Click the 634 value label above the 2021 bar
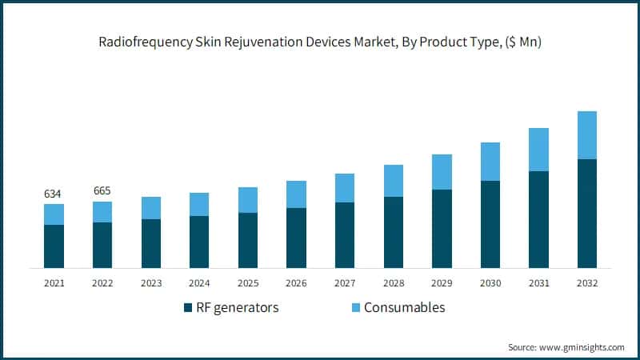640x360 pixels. (54, 194)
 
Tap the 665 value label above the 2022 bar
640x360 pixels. (102, 190)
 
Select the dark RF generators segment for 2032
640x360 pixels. (586, 213)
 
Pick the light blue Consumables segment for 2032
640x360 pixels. (586, 135)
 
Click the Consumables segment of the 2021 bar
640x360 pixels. (54, 214)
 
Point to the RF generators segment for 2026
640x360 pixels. (296, 238)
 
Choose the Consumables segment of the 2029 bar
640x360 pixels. (442, 172)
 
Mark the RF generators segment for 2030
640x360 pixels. (490, 224)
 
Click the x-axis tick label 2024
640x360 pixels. (199, 283)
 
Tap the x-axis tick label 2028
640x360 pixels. (393, 283)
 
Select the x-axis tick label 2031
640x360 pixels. (538, 283)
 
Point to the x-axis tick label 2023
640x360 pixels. (150, 283)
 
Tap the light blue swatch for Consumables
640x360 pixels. (354, 308)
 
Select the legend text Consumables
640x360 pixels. (404, 308)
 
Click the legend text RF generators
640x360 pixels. (238, 308)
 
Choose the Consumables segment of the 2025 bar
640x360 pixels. (247, 200)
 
